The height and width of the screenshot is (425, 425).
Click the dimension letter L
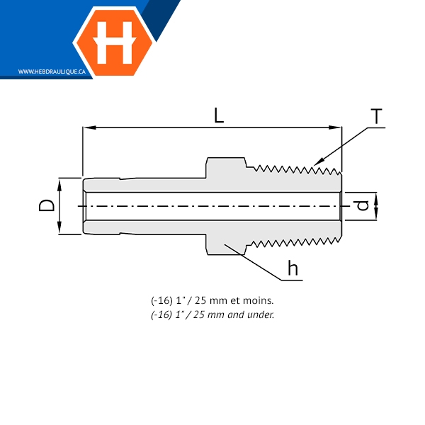(219, 115)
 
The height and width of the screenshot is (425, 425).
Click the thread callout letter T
(376, 116)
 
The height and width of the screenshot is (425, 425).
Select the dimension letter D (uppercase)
(47, 205)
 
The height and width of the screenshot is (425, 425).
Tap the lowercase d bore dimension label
(363, 205)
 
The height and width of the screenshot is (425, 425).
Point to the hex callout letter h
(293, 268)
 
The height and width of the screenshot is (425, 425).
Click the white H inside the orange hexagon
(114, 42)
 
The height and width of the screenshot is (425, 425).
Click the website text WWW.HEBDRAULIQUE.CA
(52, 72)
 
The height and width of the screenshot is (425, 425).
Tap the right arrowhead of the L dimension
(335, 127)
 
